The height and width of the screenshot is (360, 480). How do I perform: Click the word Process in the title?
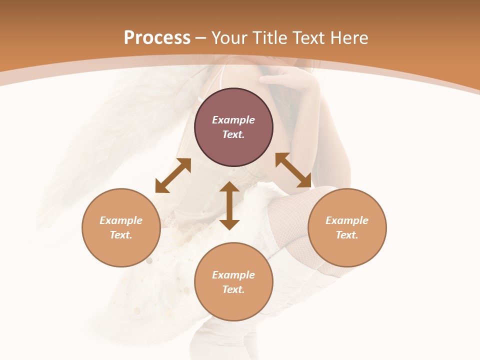tap(157, 38)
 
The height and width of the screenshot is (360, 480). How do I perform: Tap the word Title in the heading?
tap(273, 38)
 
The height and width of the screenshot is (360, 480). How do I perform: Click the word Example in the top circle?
tap(233, 120)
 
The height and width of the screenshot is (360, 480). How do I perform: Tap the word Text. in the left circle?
tap(121, 235)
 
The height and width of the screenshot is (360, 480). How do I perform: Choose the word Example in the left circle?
tap(121, 220)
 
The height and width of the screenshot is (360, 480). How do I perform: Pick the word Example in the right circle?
tap(347, 220)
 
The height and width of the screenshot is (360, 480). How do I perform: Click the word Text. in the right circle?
tap(347, 235)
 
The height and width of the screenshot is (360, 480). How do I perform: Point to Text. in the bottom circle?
tap(233, 289)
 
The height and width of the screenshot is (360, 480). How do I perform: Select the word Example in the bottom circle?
tap(233, 275)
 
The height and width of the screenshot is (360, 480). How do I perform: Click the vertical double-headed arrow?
tap(229, 205)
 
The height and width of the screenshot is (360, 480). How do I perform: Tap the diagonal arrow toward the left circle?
tap(173, 175)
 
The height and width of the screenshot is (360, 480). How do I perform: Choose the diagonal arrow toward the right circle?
tap(293, 170)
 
